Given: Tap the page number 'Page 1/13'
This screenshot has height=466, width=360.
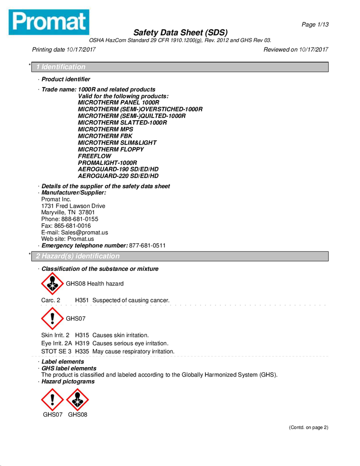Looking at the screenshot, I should click(315, 25).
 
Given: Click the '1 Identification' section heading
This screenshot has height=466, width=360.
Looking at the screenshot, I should click(61, 67).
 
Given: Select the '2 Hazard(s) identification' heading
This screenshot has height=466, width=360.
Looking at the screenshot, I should click(78, 256).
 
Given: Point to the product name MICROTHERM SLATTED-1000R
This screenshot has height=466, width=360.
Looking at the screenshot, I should click(122, 123).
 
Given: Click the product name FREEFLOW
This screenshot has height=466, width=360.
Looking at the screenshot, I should click(95, 156).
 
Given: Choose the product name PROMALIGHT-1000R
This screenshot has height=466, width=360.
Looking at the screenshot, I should click(108, 163).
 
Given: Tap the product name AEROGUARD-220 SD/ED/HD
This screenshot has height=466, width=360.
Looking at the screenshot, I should click(118, 176).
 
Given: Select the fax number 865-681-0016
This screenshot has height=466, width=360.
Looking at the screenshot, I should click(73, 226).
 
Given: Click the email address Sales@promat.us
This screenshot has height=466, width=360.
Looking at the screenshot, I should click(84, 233).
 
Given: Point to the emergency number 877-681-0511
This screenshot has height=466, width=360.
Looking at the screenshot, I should click(147, 246).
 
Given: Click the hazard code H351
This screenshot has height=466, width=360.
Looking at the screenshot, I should click(82, 300).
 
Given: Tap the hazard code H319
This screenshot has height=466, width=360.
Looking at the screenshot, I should click(82, 343).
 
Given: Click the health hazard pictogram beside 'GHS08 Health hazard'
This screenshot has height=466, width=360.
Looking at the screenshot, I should click(53, 283).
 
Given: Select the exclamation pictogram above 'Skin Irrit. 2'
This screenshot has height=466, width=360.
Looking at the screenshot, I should click(53, 318).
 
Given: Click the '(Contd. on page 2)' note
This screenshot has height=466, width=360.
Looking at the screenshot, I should click(309, 427).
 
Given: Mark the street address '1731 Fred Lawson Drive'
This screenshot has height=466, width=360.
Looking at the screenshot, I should click(73, 206).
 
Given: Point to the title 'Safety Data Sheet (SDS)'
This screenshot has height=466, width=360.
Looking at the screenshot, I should click(180, 33).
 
